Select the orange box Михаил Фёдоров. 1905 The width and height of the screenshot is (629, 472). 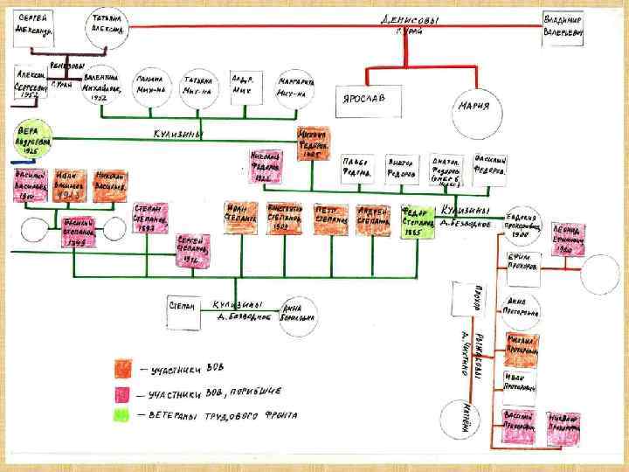(312, 144)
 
